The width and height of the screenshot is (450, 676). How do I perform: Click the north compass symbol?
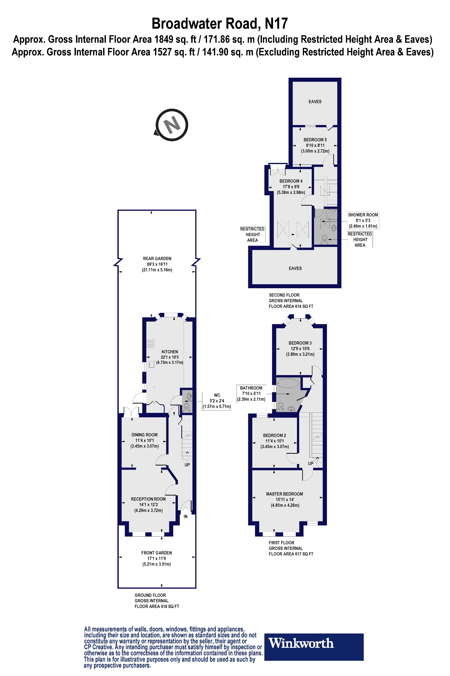click(x=172, y=125)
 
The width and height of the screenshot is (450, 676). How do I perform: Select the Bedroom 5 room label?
click(x=315, y=140)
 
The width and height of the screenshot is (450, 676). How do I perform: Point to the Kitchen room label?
click(x=170, y=352)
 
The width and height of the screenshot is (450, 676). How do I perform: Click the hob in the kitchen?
click(x=150, y=343)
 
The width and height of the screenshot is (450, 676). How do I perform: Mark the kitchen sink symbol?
click(x=151, y=365)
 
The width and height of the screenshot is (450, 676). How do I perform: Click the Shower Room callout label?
click(x=363, y=220)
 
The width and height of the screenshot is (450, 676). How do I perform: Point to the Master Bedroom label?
click(x=284, y=494)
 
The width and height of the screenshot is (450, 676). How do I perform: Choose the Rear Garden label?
click(x=157, y=258)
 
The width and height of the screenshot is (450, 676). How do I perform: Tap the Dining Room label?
click(x=144, y=435)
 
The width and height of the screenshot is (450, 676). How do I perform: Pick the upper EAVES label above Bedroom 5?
click(x=315, y=101)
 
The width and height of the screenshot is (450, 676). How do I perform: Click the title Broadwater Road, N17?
click(x=220, y=23)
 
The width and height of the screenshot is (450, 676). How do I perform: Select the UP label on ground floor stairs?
click(x=187, y=465)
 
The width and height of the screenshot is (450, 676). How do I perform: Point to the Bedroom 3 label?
click(x=300, y=343)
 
